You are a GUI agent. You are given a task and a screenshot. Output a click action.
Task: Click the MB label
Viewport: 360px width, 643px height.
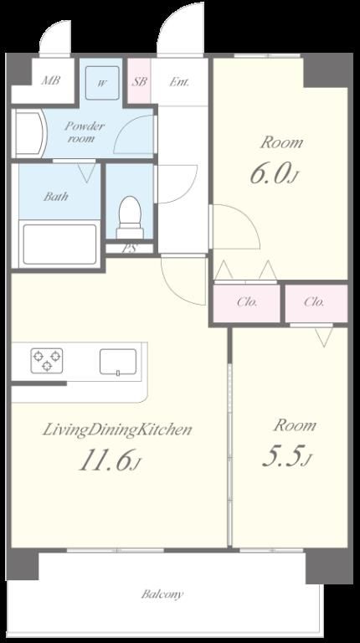click(x=51, y=80)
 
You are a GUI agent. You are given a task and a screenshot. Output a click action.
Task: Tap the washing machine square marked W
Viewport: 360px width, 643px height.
click(x=102, y=83)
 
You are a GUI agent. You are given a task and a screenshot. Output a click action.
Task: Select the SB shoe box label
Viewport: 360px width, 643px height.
click(x=140, y=81)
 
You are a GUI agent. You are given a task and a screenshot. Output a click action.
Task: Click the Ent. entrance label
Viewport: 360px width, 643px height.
click(x=179, y=81)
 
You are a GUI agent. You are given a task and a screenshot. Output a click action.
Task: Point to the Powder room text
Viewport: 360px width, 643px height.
click(x=84, y=131)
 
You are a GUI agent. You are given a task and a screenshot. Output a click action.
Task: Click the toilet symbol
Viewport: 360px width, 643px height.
click(x=130, y=217)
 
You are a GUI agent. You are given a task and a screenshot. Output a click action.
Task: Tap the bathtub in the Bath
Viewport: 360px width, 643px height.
click(x=60, y=244)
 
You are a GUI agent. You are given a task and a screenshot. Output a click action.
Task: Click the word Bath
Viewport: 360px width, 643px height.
click(x=56, y=197)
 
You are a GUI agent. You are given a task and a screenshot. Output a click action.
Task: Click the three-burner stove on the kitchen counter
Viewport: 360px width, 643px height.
click(x=47, y=361)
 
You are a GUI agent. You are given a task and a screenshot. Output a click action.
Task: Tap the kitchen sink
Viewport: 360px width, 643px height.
click(x=118, y=362)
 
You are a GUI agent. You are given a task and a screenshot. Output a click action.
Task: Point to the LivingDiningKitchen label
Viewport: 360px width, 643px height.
click(x=117, y=430)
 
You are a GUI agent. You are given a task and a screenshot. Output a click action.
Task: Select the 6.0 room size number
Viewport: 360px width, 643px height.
click(x=274, y=173)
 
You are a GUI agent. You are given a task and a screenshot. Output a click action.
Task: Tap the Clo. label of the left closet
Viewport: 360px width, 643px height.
click(x=247, y=302)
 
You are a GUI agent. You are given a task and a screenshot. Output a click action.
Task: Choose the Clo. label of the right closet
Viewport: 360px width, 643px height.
click(x=314, y=302)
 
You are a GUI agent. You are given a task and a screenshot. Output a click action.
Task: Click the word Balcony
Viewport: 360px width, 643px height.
click(x=162, y=594)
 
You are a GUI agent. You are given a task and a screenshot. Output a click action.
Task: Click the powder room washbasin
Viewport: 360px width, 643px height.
click(x=28, y=133)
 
